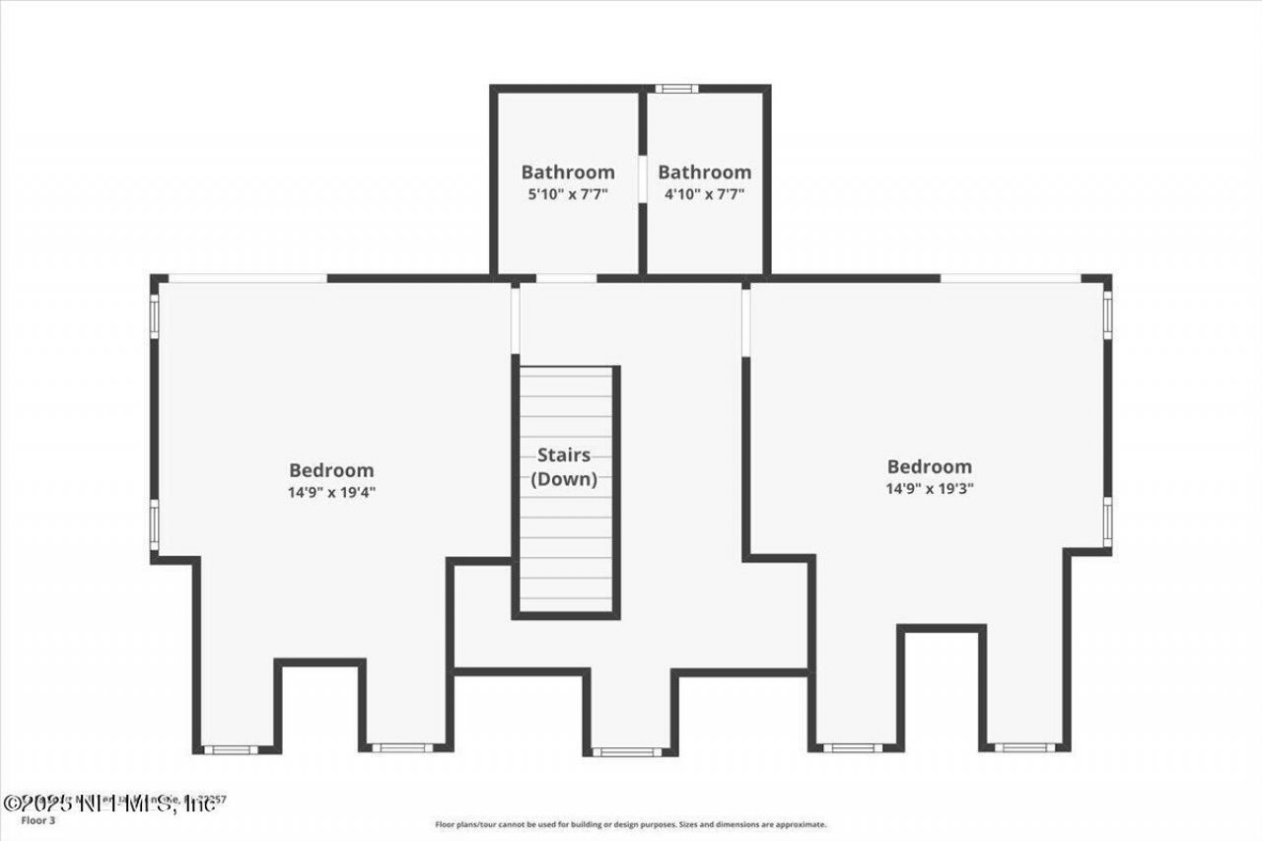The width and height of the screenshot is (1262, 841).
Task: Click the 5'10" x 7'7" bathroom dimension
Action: pos(568,194)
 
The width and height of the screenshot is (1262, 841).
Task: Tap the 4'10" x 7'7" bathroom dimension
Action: pos(704,194)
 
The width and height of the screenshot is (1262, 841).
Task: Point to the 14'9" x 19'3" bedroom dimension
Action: pos(930,487)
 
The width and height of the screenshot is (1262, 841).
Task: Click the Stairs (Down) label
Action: pos(564,467)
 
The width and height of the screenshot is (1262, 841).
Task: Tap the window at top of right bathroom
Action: pos(676,89)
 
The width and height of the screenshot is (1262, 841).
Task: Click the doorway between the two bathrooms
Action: pos(642,178)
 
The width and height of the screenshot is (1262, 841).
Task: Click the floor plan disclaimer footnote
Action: pos(631,824)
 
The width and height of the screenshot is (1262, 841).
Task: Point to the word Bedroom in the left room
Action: pos(331,470)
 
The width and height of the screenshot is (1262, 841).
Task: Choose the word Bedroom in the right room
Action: pos(930,466)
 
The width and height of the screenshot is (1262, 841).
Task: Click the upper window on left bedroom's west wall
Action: pos(154,316)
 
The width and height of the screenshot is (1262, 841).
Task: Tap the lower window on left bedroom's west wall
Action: pos(154,525)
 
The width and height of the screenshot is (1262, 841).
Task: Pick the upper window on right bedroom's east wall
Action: pos(1107,314)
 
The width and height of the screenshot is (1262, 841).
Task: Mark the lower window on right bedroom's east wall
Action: pos(1107,523)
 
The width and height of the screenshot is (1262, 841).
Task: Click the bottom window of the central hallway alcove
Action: pos(627,752)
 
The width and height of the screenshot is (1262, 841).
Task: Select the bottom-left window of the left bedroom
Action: pos(231,749)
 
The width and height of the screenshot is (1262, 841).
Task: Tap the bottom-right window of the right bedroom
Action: pos(1024,747)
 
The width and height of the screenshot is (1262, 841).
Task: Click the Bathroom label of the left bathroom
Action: pos(568,172)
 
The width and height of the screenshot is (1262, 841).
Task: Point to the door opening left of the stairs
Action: pos(515,318)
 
